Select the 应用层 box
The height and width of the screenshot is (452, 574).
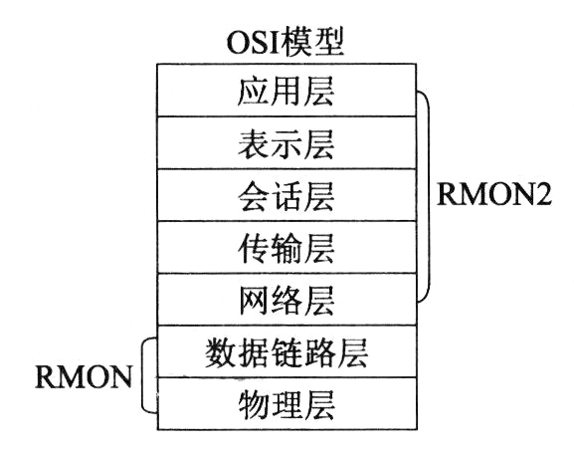pyautogui.click(x=287, y=91)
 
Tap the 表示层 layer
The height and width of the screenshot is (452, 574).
pyautogui.click(x=287, y=142)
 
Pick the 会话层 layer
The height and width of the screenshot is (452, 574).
pyautogui.click(x=287, y=195)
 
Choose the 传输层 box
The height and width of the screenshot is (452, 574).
pyautogui.click(x=287, y=247)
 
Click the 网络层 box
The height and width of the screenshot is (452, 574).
pyautogui.click(x=287, y=300)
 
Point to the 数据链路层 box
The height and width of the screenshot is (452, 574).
pyautogui.click(x=287, y=351)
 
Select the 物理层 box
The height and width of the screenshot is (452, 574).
pyautogui.click(x=287, y=403)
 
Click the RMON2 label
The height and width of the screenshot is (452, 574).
pyautogui.click(x=494, y=194)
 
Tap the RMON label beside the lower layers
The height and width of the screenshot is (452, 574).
pyautogui.click(x=84, y=376)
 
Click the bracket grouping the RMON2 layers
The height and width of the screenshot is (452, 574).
pyautogui.click(x=429, y=196)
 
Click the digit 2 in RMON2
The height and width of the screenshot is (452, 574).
pyautogui.click(x=542, y=194)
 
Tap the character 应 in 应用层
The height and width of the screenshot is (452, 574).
pyautogui.click(x=253, y=91)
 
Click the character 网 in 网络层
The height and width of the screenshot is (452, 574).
pyautogui.click(x=254, y=300)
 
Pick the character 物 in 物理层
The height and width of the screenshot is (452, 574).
pyautogui.click(x=254, y=404)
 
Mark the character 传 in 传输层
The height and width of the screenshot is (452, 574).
pyautogui.click(x=253, y=248)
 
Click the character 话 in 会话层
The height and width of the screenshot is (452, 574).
pyautogui.click(x=287, y=195)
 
